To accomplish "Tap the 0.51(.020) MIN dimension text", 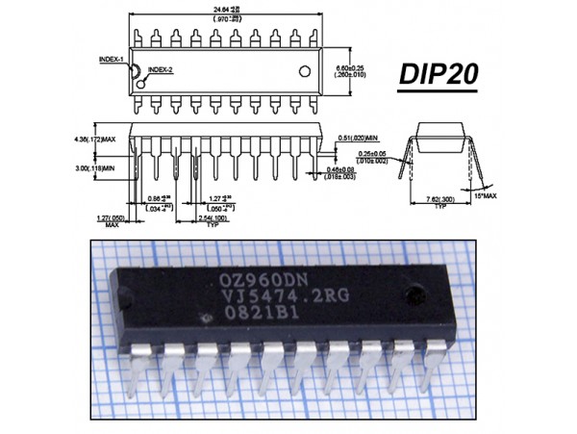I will [358, 138].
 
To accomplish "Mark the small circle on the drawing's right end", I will [307, 71].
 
